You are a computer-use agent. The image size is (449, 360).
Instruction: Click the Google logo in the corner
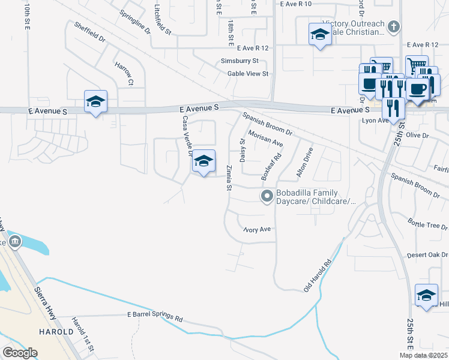[20, 352]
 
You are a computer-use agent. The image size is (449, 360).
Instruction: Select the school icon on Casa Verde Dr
[203, 161]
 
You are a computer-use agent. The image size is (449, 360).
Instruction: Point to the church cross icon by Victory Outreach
[394, 27]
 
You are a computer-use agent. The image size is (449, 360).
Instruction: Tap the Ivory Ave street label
[258, 229]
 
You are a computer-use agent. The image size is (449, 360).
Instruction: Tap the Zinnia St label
[229, 178]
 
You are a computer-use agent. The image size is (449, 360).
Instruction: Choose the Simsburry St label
[240, 61]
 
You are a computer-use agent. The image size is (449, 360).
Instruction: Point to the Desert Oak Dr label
[427, 255]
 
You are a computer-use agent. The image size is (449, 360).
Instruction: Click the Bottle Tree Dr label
[427, 224]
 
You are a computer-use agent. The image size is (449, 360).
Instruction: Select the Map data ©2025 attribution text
[424, 355]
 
